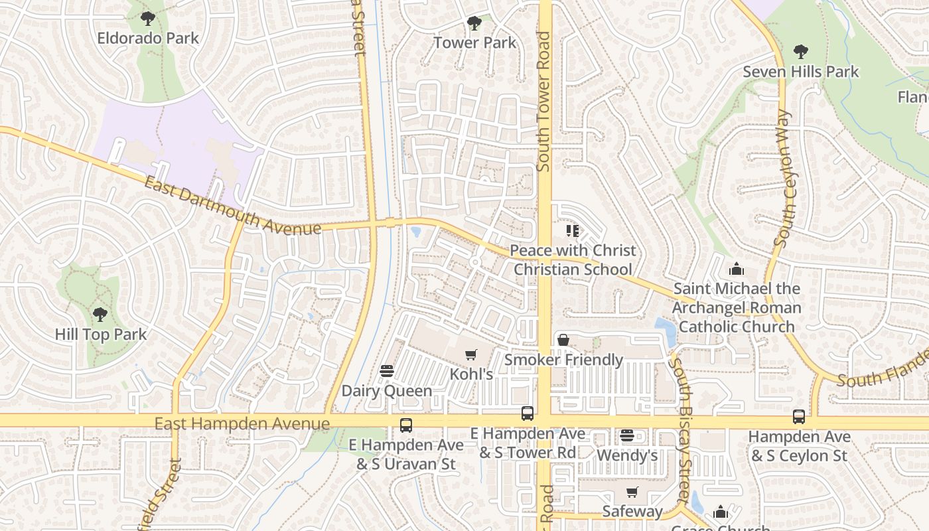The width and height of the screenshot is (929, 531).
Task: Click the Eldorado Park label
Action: click(x=148, y=38)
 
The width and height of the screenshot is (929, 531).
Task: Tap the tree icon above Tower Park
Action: click(x=474, y=23)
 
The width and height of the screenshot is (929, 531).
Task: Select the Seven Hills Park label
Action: click(x=801, y=72)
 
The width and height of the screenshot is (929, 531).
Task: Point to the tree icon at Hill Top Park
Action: click(x=100, y=314)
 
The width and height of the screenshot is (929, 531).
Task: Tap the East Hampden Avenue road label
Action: click(x=242, y=423)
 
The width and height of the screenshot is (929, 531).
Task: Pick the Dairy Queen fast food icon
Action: click(x=387, y=371)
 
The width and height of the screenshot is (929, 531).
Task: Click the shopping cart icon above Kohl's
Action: click(x=471, y=355)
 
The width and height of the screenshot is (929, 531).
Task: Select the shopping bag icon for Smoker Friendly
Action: click(x=563, y=341)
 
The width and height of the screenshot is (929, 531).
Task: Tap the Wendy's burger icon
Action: click(x=627, y=436)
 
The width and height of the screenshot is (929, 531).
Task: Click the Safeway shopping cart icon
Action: click(x=632, y=493)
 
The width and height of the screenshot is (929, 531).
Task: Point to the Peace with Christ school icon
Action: click(x=573, y=231)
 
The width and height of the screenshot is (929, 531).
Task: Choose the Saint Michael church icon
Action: click(x=736, y=269)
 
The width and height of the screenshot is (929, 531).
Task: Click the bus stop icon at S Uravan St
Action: click(x=405, y=425)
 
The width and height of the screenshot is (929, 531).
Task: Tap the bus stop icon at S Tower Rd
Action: click(x=528, y=414)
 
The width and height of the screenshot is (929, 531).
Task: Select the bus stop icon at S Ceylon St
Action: click(x=799, y=417)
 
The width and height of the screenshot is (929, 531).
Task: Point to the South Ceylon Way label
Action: click(x=784, y=179)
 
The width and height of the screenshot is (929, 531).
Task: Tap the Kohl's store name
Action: click(x=471, y=374)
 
